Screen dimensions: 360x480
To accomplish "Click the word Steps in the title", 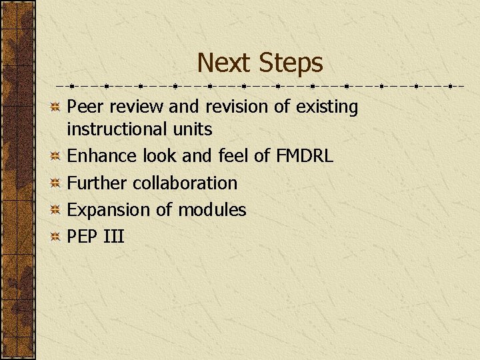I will (291, 63).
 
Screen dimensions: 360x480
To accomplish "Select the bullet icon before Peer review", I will (57, 107).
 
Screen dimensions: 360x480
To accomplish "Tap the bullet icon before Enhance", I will (57, 156).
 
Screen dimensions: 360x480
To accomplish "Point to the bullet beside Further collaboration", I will (57, 183).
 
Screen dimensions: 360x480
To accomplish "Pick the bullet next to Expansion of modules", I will (57, 209).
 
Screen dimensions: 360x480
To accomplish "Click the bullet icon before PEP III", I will (57, 236).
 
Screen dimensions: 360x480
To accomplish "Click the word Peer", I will (85, 107).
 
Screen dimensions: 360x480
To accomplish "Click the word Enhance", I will (103, 156).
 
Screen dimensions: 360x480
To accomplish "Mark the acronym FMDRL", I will (303, 156).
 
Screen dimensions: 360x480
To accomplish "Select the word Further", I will (98, 183).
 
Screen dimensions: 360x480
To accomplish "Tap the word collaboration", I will (185, 183).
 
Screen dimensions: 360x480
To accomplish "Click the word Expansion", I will (109, 210).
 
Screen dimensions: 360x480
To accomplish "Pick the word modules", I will (212, 209).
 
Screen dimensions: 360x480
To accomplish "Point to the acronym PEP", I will (83, 236).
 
